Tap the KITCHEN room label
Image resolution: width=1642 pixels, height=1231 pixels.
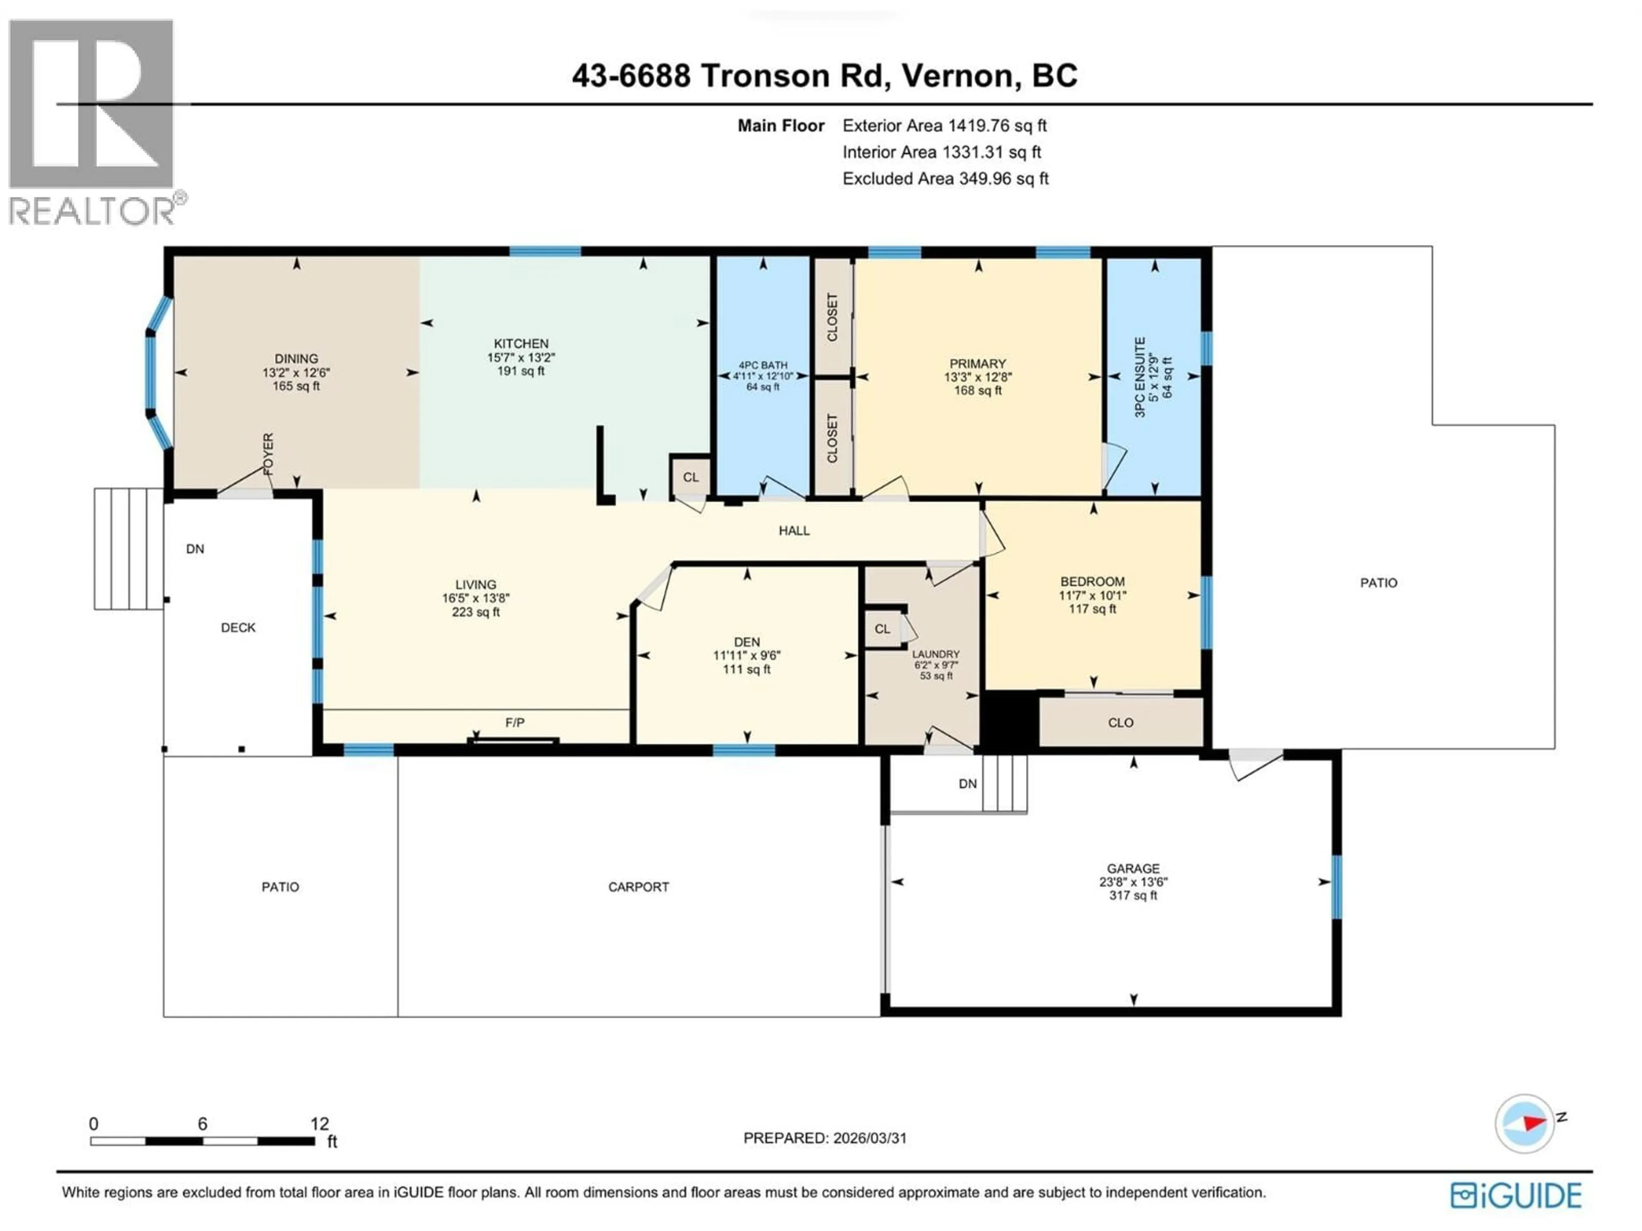pos(521,344)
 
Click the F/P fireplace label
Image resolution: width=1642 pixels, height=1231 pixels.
pos(514,722)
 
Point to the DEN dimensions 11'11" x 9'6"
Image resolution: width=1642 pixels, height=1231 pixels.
pos(747,655)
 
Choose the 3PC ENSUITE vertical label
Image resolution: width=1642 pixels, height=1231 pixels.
pos(1140,377)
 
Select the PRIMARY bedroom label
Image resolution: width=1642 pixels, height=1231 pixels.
pos(978,364)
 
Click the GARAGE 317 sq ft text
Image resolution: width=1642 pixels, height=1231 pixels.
pos(1133,895)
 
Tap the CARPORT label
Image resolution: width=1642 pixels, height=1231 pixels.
pos(638,887)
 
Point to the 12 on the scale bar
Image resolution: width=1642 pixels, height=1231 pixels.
pos(319,1123)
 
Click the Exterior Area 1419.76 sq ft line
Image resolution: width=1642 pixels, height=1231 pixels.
pos(944,125)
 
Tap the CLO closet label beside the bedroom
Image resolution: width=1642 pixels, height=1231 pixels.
pos(1120,723)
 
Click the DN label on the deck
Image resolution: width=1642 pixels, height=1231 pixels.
pos(195,549)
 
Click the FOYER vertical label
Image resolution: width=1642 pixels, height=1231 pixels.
pos(268,454)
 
